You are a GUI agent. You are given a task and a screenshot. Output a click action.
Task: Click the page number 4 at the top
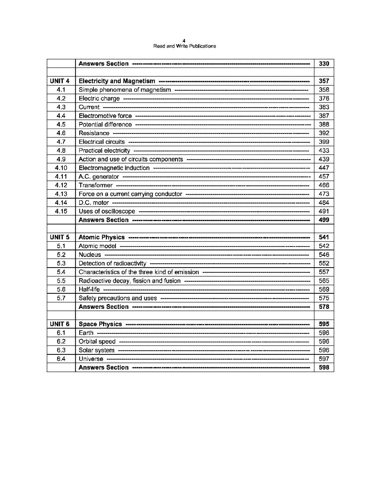click(x=184, y=41)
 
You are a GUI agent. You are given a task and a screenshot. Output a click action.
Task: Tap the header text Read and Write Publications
click(x=185, y=46)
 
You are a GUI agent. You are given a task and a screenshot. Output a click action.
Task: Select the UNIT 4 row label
click(x=60, y=81)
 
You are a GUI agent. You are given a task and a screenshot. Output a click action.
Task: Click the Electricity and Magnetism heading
click(x=117, y=81)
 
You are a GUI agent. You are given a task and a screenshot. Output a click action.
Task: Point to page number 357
click(x=324, y=81)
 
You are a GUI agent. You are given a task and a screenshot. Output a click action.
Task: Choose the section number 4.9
click(x=61, y=159)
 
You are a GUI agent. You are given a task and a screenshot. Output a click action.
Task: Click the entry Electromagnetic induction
click(x=114, y=168)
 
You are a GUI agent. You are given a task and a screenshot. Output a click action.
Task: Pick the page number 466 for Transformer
click(x=324, y=185)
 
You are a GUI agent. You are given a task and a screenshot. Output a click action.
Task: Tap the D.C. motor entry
click(x=94, y=203)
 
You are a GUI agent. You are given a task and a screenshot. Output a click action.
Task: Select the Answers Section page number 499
click(x=324, y=220)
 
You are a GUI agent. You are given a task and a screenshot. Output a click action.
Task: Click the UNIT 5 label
click(x=60, y=237)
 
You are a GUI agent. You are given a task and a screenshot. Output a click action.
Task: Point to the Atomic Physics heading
click(x=102, y=237)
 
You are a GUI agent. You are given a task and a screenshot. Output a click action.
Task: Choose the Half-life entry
click(x=89, y=290)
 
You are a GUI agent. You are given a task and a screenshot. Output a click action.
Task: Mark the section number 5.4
click(x=61, y=272)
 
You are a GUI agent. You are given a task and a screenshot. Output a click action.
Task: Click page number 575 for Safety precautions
click(x=324, y=298)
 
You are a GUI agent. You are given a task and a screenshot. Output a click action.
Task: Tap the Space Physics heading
click(x=101, y=324)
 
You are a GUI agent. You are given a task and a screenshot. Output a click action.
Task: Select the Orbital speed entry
click(x=97, y=342)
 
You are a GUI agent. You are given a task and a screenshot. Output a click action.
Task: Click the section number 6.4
click(x=61, y=359)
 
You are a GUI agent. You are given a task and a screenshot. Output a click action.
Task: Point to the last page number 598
click(x=324, y=368)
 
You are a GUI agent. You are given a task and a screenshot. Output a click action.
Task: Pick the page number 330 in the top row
click(x=324, y=64)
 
